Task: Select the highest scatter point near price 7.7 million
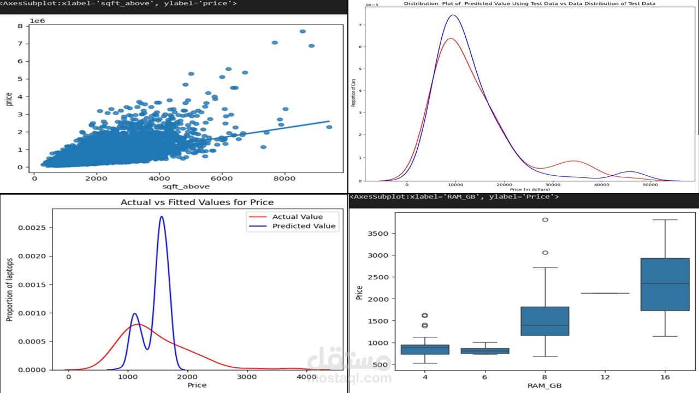tap(303, 32)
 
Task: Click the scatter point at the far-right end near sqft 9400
tap(329, 127)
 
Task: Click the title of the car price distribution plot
tap(529, 3)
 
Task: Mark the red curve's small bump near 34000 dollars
tap(572, 161)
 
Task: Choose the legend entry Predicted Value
tap(304, 226)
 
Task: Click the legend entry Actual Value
tap(297, 217)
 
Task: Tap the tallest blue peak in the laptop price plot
tap(162, 217)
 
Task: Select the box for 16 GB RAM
tap(665, 284)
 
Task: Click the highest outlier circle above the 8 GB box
tap(545, 220)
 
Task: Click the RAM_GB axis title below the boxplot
tap(545, 386)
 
